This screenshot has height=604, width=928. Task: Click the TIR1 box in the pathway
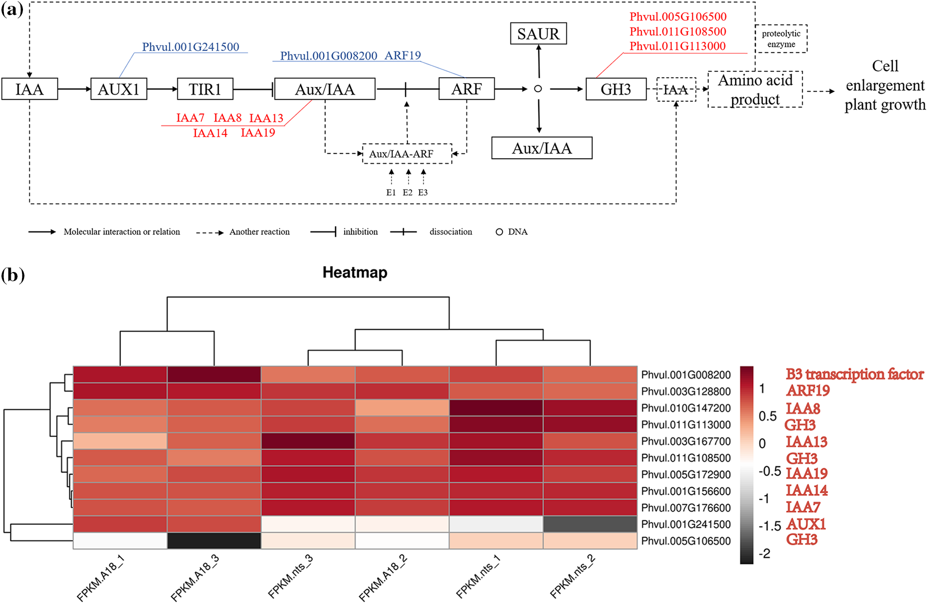205,89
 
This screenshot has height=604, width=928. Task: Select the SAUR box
538,34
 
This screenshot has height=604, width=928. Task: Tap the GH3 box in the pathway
616,89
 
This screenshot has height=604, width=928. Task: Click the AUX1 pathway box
119,89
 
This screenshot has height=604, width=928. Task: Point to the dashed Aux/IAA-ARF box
407,154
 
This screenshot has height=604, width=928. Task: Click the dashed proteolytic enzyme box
781,39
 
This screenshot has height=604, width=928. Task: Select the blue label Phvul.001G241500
190,47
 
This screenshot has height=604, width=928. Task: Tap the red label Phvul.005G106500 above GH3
678,17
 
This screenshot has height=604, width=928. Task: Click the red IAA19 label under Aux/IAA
258,133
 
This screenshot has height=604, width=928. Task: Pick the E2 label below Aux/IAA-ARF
407,192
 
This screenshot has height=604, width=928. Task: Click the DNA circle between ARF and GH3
538,89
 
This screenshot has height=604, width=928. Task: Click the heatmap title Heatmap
355,272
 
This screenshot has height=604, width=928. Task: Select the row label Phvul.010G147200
686,408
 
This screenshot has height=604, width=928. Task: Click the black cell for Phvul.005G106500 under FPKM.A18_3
214,541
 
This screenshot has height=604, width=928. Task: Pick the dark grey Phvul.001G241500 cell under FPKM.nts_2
590,524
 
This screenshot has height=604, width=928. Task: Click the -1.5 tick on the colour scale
769,526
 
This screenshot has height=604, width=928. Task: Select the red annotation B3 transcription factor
854,375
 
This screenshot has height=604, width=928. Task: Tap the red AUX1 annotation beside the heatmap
806,524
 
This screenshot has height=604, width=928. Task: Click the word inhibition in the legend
360,232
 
